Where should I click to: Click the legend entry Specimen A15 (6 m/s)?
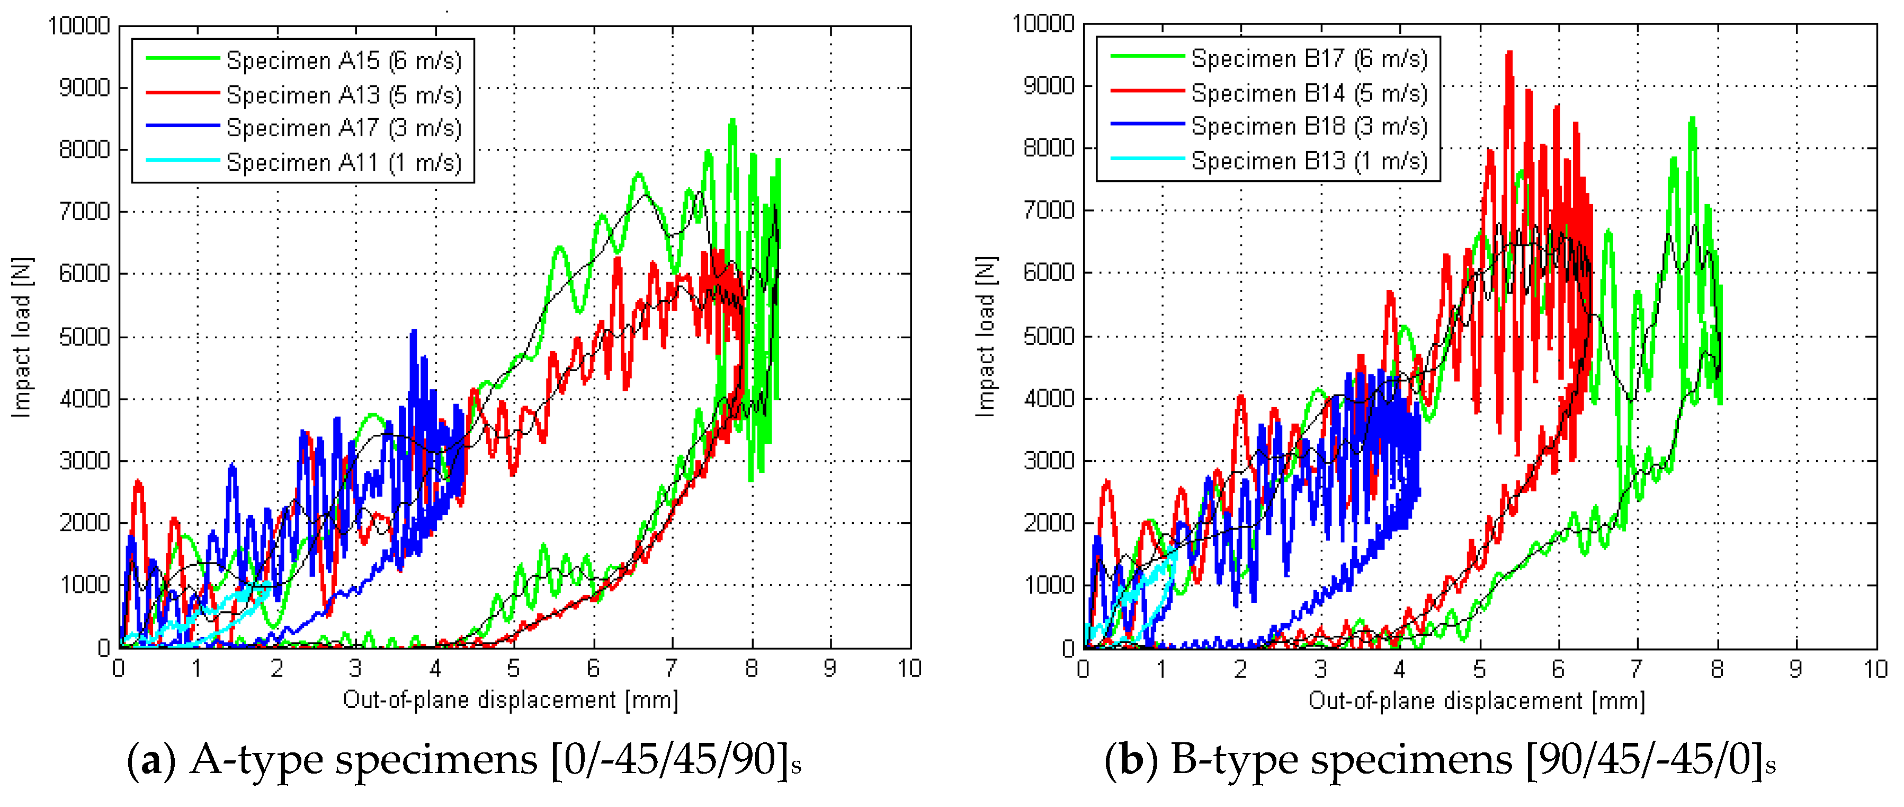click(344, 60)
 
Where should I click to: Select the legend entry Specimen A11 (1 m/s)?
click(344, 162)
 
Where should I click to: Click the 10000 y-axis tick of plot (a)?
click(78, 27)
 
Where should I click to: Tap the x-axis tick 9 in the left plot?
click(830, 669)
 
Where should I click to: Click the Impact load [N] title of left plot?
click(22, 337)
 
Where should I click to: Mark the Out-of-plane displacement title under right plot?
click(1476, 700)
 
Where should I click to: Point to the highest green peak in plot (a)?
click(732, 120)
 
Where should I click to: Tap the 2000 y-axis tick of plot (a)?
click(84, 523)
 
